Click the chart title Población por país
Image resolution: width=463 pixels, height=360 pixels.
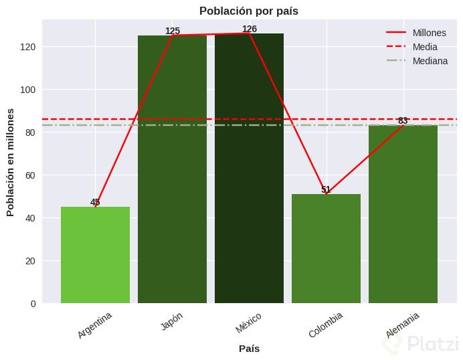[249, 11]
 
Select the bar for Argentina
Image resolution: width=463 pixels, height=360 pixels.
[95, 255]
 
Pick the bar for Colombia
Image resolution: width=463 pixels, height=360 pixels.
[326, 248]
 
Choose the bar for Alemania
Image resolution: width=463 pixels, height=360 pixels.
[403, 214]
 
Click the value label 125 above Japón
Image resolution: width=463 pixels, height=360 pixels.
[173, 31]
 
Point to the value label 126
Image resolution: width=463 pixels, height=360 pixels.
[250, 29]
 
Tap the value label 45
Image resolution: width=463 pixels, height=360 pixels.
[95, 202]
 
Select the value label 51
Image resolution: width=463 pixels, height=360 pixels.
[326, 189]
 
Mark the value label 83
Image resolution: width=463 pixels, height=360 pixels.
[403, 120]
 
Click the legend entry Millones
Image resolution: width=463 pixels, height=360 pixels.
[429, 33]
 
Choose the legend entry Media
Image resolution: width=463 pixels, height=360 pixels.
[425, 47]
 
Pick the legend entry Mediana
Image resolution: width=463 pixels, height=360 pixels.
[430, 61]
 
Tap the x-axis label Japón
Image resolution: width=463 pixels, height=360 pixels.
[172, 321]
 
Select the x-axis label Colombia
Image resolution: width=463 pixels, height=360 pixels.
[326, 325]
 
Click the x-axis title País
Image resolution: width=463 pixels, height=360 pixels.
[249, 349]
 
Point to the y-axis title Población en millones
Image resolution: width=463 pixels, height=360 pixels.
[10, 162]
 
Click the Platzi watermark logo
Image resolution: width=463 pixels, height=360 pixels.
[422, 344]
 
